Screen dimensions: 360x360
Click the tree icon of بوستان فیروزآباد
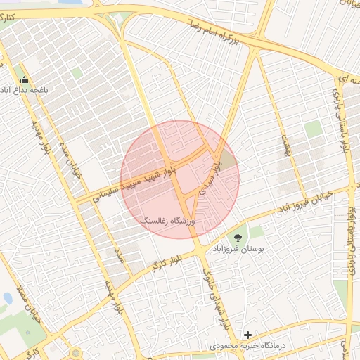click(235, 238)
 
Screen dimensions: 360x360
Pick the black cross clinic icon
click(247, 335)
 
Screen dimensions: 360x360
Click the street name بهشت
click(285, 144)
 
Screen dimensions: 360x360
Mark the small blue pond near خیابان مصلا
click(7, 298)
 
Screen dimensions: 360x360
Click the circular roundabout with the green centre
click(75, 354)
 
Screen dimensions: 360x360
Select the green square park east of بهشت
click(313, 129)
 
